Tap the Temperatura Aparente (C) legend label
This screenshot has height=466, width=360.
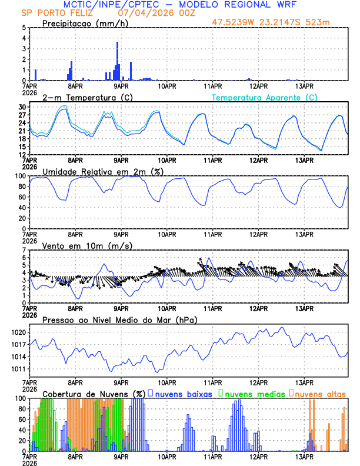[x=264, y=97]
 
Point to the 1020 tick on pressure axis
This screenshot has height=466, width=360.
[x=18, y=332]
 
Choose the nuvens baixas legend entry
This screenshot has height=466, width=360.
[x=184, y=393]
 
